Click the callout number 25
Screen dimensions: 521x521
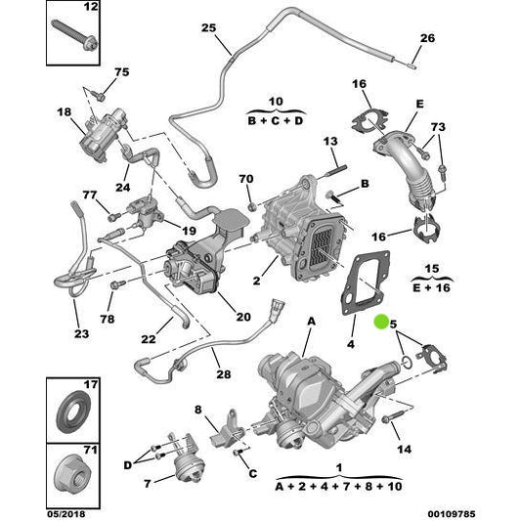click(x=207, y=27)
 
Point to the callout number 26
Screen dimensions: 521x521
click(x=425, y=39)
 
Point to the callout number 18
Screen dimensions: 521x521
click(x=65, y=113)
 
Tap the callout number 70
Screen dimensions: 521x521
click(x=246, y=179)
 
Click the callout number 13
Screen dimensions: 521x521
click(x=329, y=143)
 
